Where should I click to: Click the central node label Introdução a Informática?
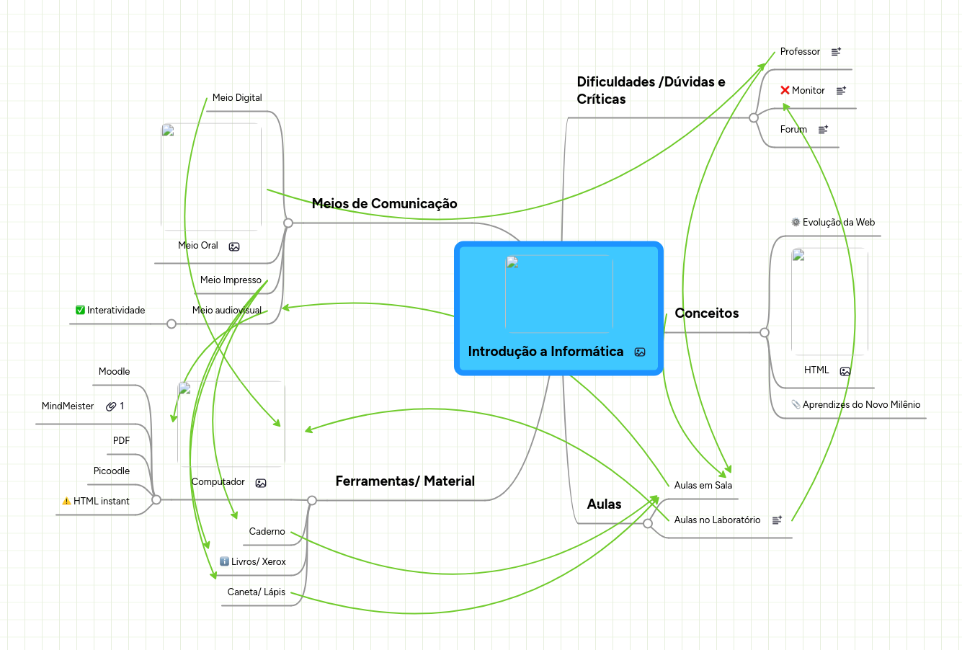[545, 352]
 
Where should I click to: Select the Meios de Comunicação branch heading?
[384, 204]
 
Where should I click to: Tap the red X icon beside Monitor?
[785, 90]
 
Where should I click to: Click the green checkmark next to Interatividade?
[80, 310]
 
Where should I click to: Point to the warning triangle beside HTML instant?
[66, 501]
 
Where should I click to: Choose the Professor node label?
[800, 52]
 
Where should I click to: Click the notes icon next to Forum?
[823, 130]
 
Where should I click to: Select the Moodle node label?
[114, 372]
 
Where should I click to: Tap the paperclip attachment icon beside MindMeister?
[111, 406]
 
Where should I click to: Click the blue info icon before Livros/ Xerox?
[224, 561]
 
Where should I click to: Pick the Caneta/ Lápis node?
[256, 592]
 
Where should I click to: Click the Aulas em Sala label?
[703, 486]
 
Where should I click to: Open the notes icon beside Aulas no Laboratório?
[777, 520]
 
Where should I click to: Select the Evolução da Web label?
[838, 223]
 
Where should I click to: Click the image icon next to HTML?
[845, 371]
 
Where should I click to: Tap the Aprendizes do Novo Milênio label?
[861, 405]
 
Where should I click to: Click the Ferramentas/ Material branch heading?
[405, 481]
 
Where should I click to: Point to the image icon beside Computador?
[261, 483]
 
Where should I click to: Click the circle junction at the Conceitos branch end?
[765, 332]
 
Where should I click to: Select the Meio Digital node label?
[237, 98]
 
